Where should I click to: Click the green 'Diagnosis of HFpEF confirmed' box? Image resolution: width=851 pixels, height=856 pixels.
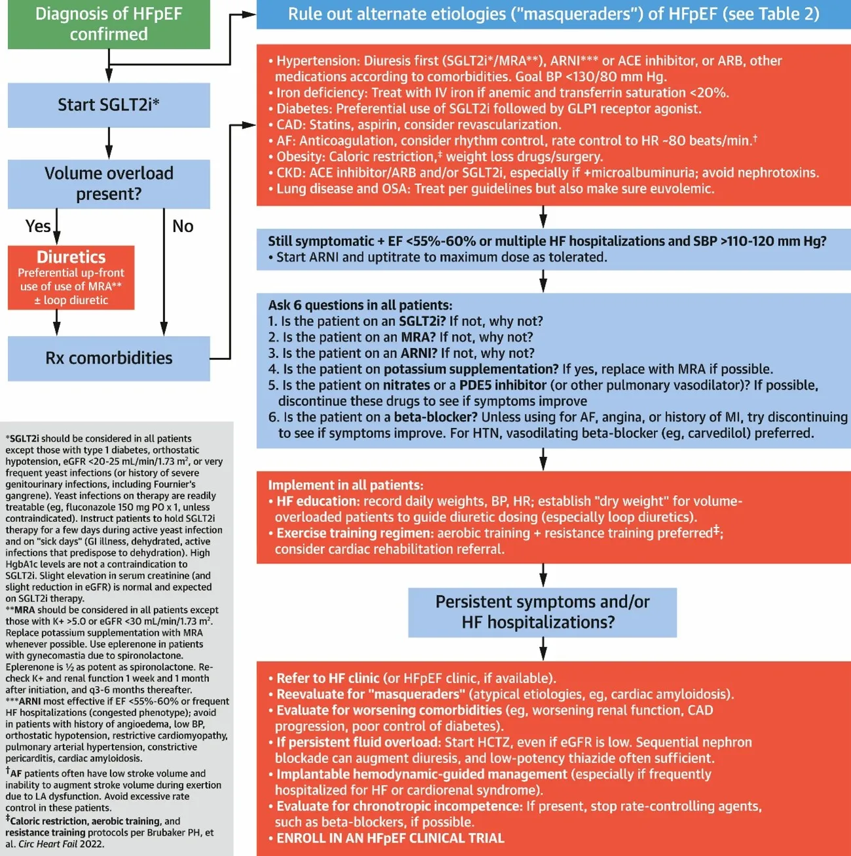[x=109, y=24]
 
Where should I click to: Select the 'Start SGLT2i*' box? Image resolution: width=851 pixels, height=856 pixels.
[x=109, y=105]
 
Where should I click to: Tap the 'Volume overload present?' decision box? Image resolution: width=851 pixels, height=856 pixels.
[x=109, y=184]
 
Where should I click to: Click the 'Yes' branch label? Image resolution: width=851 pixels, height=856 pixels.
[x=38, y=226]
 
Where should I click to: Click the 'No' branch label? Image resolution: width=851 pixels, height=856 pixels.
[x=183, y=226]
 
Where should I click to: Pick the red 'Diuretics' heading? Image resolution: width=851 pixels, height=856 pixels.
[x=71, y=257]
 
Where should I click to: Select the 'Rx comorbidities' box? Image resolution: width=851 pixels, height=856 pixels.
[x=109, y=358]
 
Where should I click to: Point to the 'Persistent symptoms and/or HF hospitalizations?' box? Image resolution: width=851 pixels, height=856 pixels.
[x=542, y=612]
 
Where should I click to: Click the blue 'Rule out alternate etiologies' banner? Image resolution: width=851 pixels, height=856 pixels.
[x=553, y=14]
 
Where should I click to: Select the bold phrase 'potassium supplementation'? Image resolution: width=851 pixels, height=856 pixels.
[x=471, y=369]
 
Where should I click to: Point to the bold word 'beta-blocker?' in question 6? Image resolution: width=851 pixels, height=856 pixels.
[x=436, y=418]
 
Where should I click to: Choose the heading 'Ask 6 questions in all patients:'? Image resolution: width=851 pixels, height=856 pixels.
[x=360, y=305]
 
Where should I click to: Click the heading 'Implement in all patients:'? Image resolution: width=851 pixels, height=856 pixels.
[x=345, y=486]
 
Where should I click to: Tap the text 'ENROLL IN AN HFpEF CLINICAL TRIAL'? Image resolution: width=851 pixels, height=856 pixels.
[x=390, y=838]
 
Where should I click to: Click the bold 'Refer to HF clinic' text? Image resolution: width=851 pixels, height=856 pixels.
[x=328, y=678]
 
